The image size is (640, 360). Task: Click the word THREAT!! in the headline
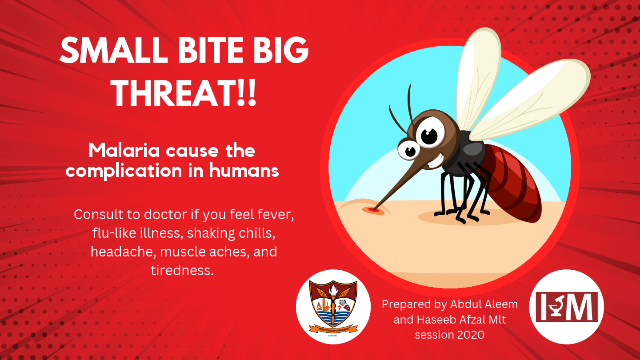pyautogui.click(x=184, y=94)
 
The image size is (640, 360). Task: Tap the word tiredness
pyautogui.click(x=182, y=270)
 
